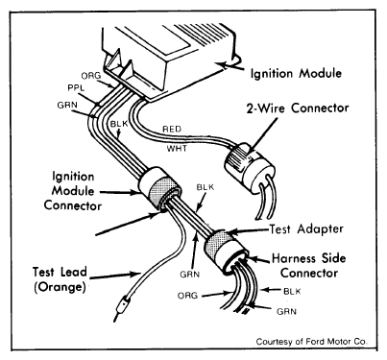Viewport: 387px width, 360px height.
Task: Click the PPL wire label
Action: pos(76,88)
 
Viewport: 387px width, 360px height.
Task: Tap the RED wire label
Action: pos(172,130)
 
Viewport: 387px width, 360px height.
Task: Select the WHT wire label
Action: pos(177,149)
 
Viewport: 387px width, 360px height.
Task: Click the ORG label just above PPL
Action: pos(91,76)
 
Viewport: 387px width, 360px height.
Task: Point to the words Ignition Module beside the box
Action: pos(296,74)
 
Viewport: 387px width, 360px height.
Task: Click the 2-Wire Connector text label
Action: pos(298,108)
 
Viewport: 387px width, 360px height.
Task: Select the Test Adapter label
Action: pos(306,229)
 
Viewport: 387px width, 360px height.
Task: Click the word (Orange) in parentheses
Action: pos(60,287)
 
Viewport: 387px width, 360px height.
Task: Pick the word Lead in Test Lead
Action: pos(72,272)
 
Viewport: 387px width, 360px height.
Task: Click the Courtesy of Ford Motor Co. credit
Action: pos(311,342)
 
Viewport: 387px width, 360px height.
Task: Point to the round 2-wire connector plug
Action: pos(249,168)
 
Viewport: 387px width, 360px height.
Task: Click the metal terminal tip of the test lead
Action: pos(121,308)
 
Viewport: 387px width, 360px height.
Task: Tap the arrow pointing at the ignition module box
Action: pos(229,65)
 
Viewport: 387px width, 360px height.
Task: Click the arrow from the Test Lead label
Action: pos(114,276)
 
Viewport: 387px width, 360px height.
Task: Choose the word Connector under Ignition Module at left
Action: pos(73,205)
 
